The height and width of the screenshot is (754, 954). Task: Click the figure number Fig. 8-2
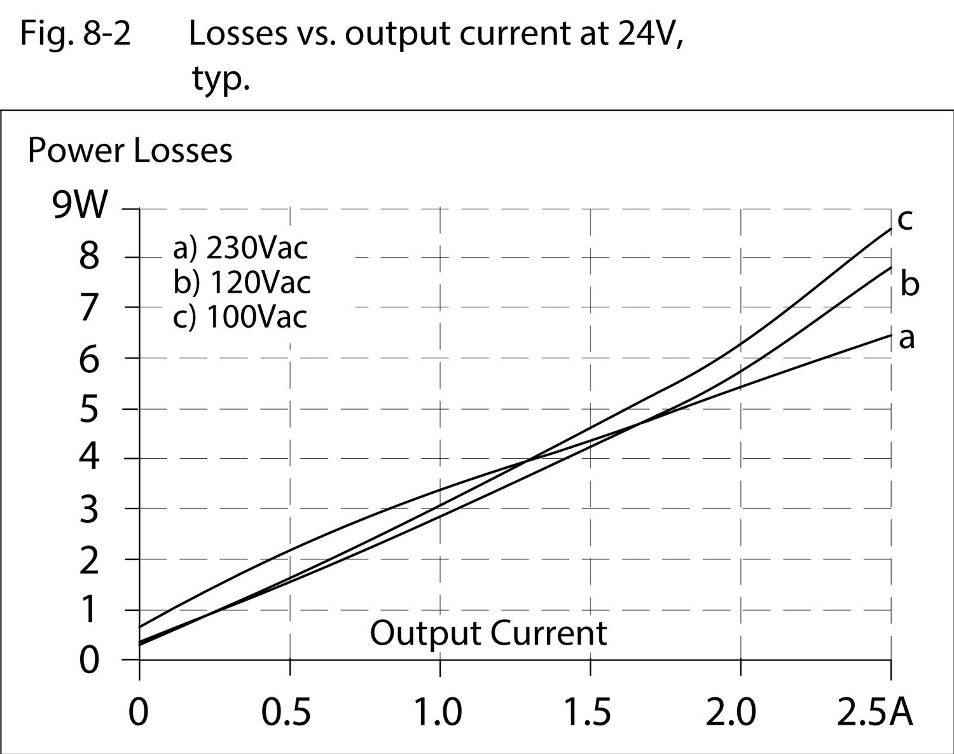75,33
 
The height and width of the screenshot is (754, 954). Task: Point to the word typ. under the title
221,79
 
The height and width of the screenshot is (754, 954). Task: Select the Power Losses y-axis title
130,151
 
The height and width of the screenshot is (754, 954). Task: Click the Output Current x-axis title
488,633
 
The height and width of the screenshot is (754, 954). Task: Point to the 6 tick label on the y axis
89,360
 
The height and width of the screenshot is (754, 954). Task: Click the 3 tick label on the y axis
89,510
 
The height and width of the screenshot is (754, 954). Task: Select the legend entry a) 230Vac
240,248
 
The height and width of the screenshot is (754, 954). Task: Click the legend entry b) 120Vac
242,282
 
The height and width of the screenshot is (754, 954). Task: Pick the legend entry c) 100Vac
240,316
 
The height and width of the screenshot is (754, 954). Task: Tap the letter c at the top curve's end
905,220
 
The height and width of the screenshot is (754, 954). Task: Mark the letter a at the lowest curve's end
907,338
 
